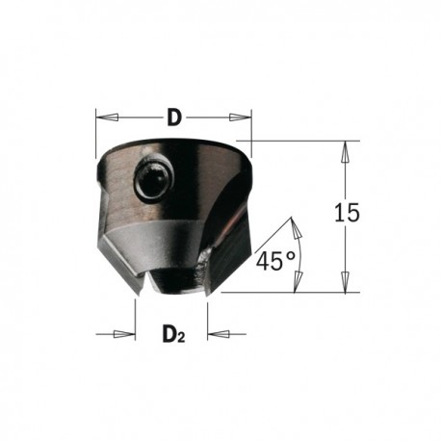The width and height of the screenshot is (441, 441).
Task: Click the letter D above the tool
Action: tap(175, 118)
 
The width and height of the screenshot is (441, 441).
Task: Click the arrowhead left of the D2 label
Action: tap(128, 333)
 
